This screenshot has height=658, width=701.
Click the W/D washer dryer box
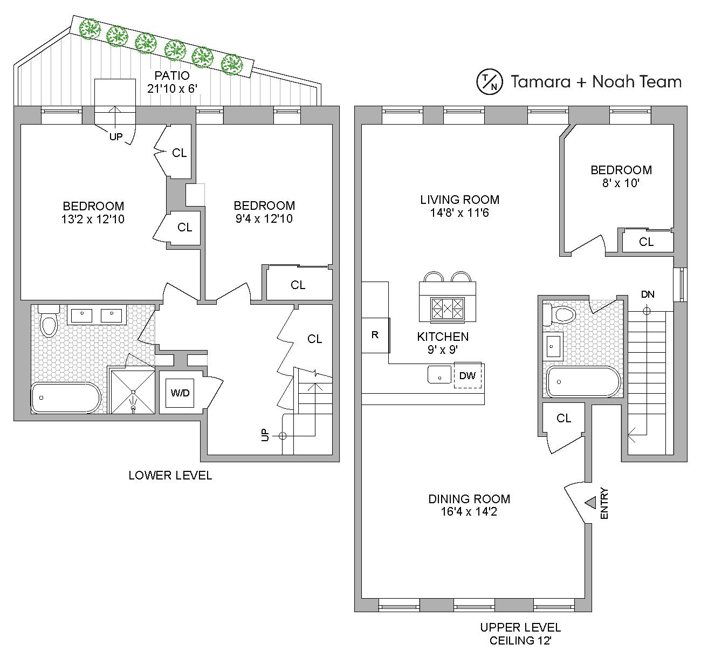tap(180, 393)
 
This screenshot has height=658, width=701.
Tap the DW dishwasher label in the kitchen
tap(468, 375)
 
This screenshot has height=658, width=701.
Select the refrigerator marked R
tap(375, 335)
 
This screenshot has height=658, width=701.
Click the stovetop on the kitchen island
tap(448, 309)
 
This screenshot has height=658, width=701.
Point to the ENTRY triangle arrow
tap(590, 503)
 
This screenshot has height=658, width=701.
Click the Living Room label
tap(459, 200)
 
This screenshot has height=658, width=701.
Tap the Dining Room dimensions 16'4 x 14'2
tap(469, 511)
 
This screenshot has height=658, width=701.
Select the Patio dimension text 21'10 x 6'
tap(172, 88)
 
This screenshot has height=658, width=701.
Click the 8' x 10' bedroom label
tap(621, 183)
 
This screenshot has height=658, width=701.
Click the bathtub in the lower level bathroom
tap(66, 397)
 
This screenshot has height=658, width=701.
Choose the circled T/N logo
tap(489, 81)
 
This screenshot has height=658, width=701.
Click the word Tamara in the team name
tap(540, 82)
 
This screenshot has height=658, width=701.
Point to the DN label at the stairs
tap(648, 294)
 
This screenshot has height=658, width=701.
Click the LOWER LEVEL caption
tap(170, 475)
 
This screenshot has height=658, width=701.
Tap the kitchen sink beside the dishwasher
tap(439, 374)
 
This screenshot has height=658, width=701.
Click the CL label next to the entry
tap(563, 418)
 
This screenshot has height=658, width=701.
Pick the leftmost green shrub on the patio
tap(89, 29)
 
